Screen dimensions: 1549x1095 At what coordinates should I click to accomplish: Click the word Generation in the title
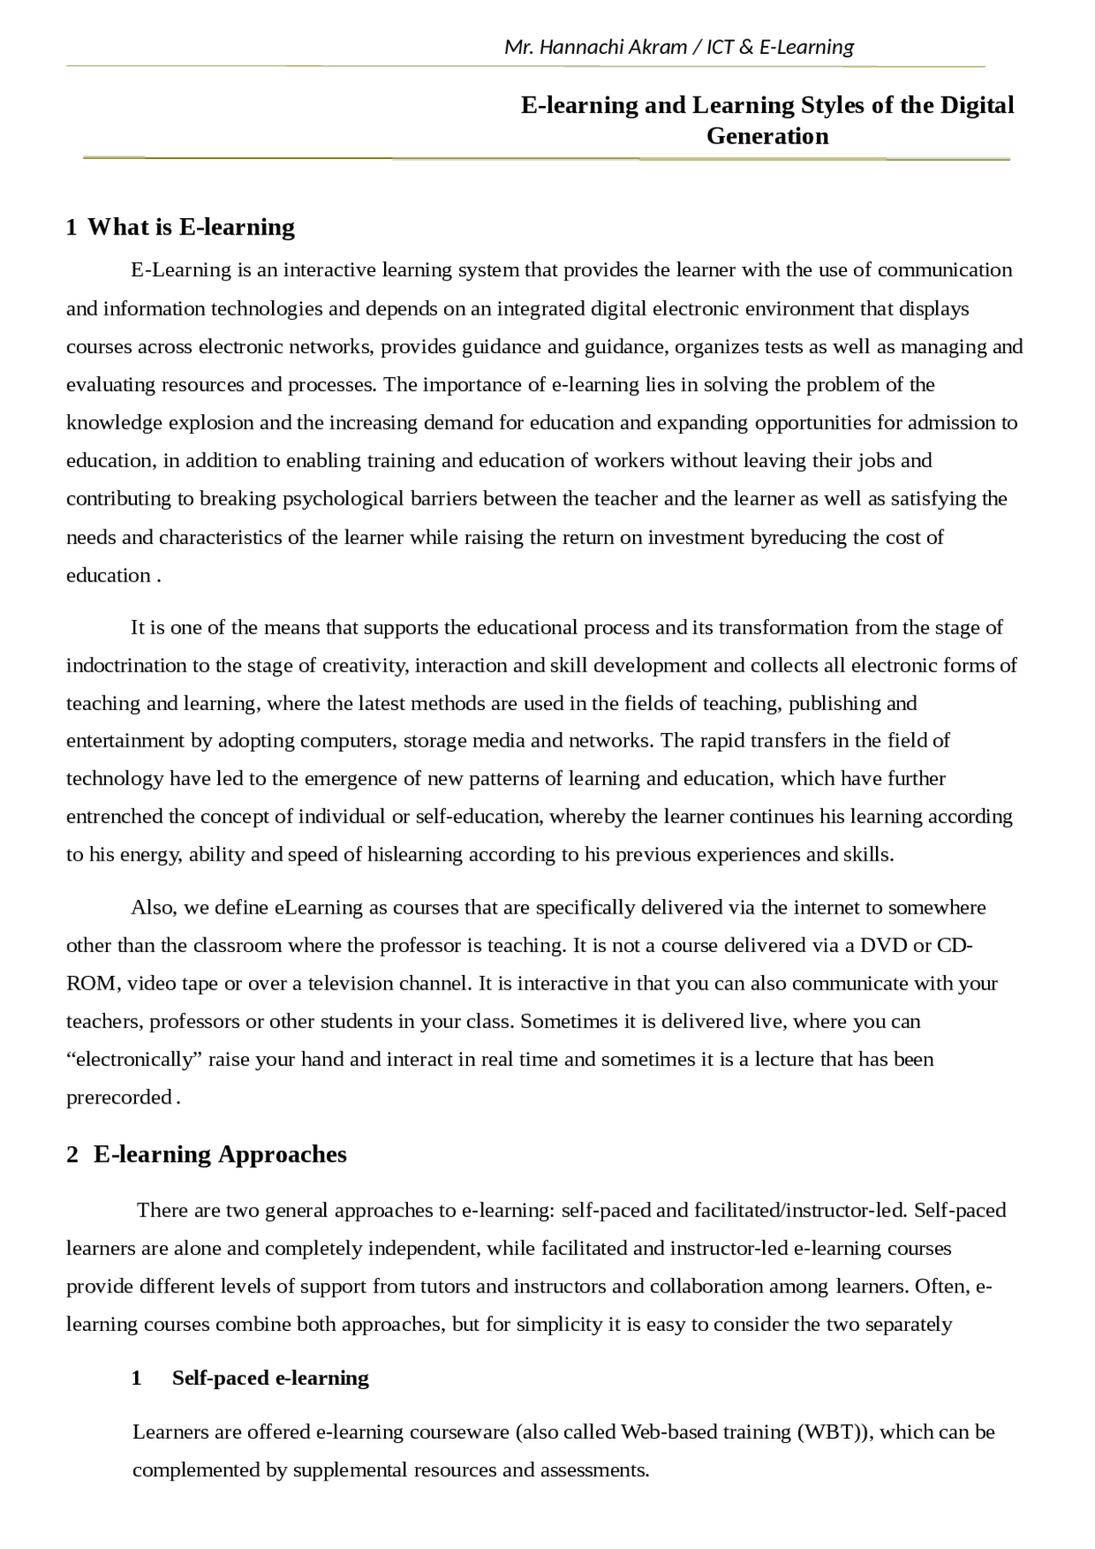pos(767,136)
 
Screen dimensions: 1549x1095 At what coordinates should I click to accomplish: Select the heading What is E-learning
pos(191,227)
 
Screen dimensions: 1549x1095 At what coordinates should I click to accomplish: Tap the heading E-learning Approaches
pos(220,1154)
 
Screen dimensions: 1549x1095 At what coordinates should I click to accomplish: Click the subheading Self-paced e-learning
pos(270,1378)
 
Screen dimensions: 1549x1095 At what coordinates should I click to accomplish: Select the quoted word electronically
pos(134,1059)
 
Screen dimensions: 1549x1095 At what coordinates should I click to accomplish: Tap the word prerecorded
pos(119,1097)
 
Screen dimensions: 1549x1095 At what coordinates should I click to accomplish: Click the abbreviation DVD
pos(884,945)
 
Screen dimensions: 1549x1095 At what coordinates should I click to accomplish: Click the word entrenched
pos(115,816)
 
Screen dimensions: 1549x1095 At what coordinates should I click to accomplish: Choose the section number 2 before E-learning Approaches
pos(72,1155)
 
